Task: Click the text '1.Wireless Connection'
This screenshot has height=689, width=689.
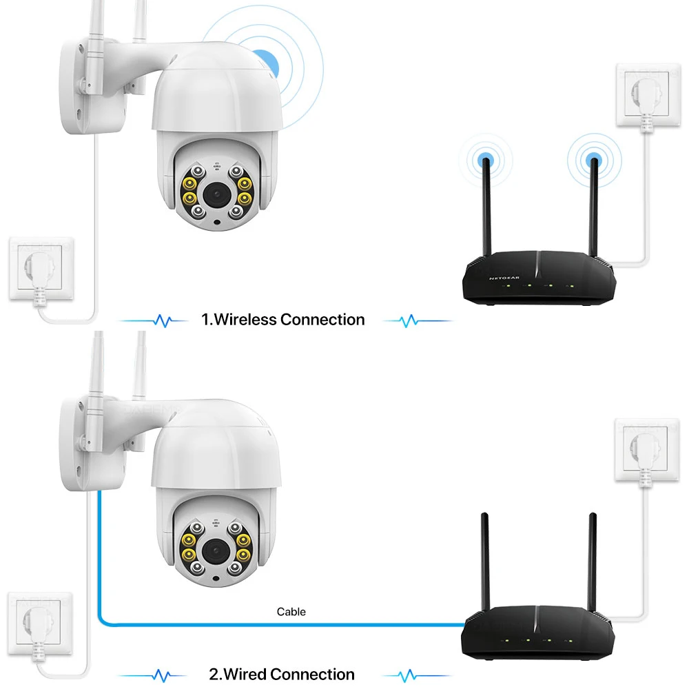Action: point(282,320)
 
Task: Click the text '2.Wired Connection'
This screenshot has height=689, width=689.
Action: point(282,674)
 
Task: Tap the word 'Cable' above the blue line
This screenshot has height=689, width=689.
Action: point(291,611)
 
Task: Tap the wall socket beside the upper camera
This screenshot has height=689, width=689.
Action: point(41,269)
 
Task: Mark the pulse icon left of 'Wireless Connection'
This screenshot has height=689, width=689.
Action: point(163,320)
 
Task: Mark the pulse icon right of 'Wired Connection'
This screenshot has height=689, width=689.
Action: point(409,674)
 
